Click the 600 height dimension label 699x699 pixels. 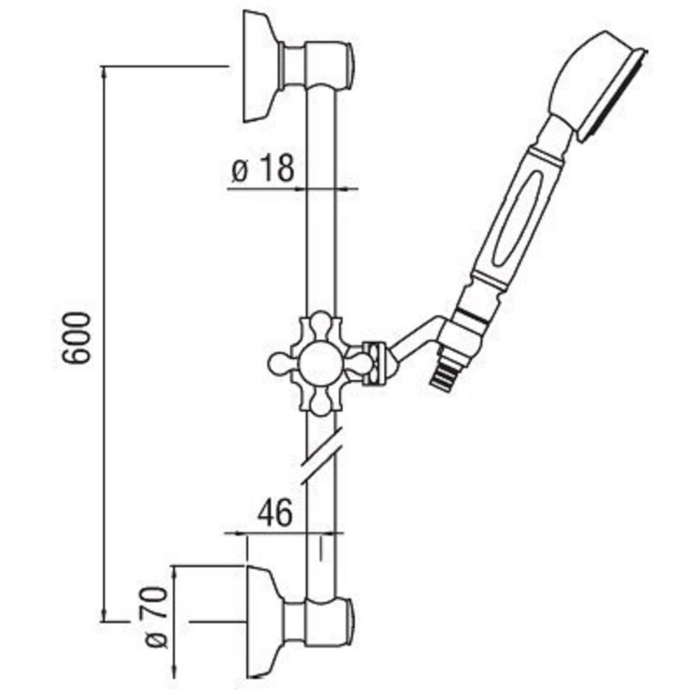(x=76, y=338)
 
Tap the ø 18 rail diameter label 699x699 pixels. (x=263, y=169)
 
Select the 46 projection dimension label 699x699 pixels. (x=274, y=512)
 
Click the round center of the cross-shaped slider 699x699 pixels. (x=320, y=363)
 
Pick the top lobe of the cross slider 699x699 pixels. (x=321, y=324)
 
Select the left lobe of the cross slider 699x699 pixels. (x=282, y=363)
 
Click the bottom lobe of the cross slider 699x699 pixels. (x=321, y=402)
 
